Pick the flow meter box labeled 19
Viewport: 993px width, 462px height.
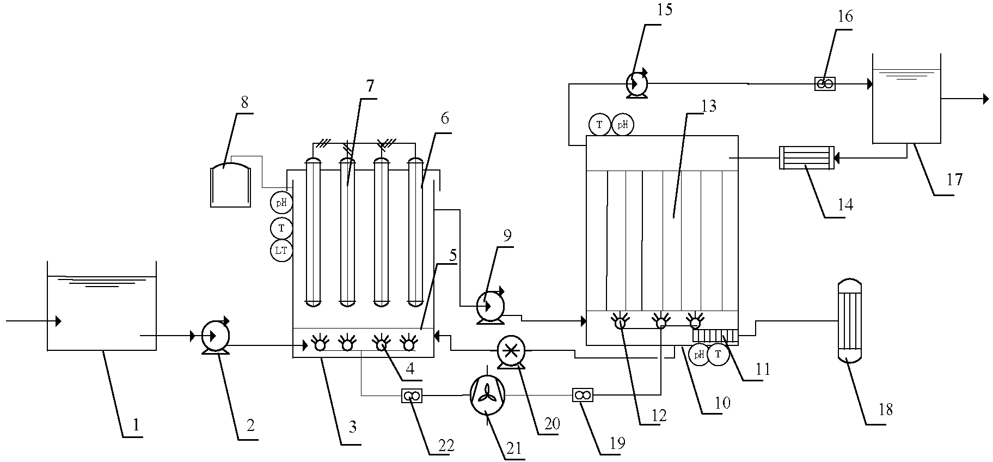pos(583,395)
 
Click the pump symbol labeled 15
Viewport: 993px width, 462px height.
pos(636,84)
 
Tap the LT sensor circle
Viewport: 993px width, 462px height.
pos(281,251)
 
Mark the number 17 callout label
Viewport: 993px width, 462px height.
pos(954,180)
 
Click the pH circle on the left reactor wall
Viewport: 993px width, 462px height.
pos(281,203)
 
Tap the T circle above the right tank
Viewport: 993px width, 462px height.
pos(599,125)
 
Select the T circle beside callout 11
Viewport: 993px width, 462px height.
pos(719,355)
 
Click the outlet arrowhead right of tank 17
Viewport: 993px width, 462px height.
pos(986,99)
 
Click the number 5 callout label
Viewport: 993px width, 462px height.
pos(453,255)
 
